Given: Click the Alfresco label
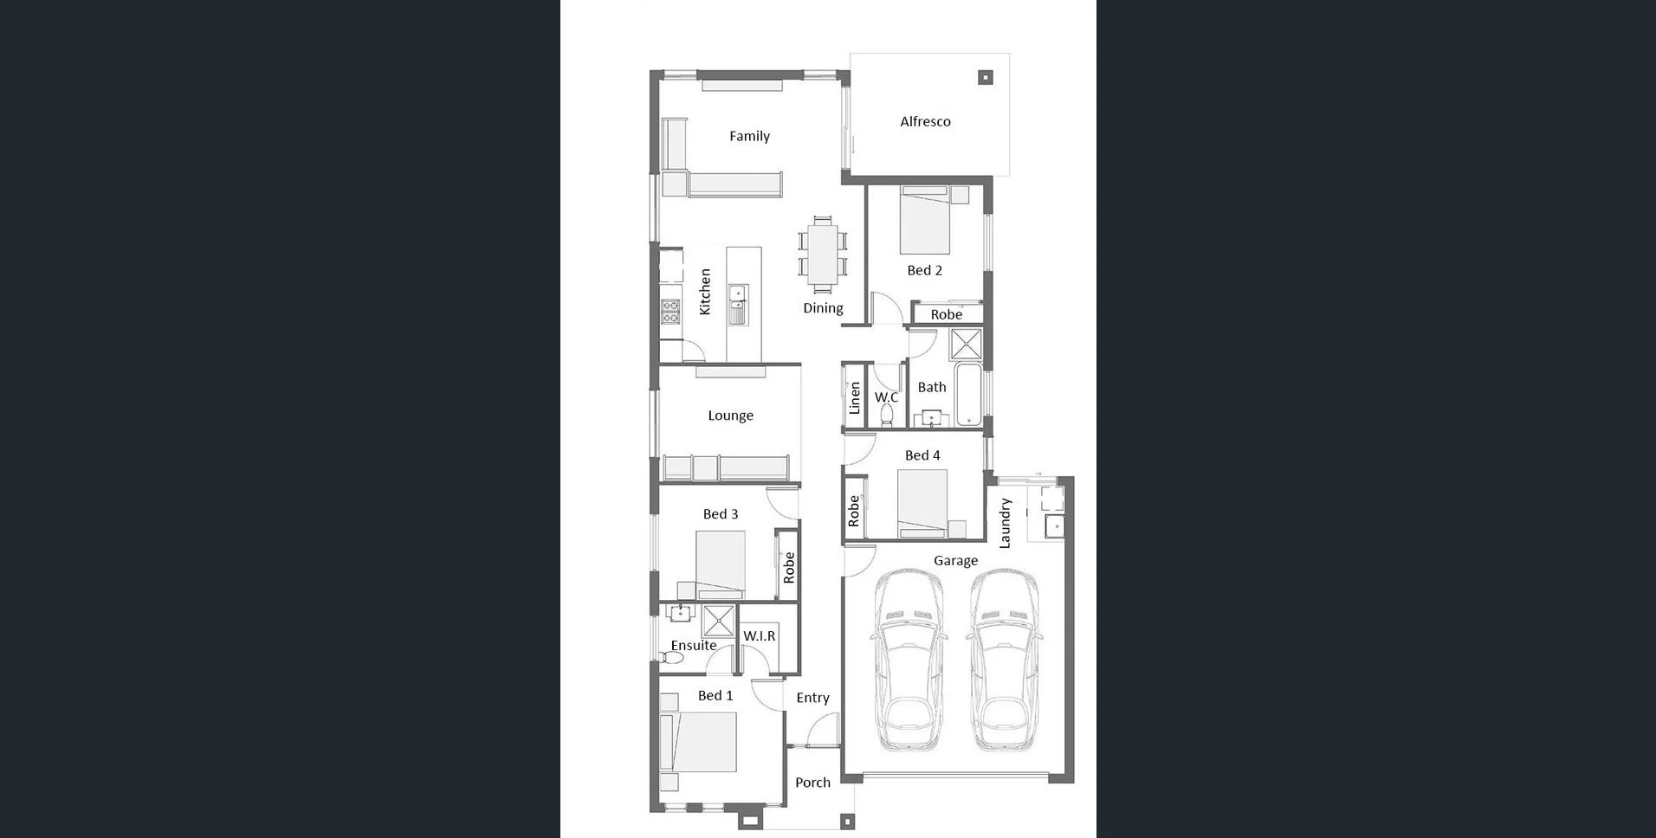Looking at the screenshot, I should pos(925,122).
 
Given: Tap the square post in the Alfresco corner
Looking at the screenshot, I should pos(985,78).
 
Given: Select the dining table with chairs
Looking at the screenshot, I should pos(823,254).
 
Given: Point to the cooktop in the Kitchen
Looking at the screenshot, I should pos(670,312).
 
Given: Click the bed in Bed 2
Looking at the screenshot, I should pos(925,221).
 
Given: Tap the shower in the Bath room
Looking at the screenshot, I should pos(966,344).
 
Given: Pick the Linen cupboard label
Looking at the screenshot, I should pos(855,398).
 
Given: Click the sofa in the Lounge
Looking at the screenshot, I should pos(726,468).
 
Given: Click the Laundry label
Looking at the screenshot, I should pos(1005,523).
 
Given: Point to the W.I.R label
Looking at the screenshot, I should pos(760,636).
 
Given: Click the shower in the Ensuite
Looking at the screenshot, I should pos(718,622).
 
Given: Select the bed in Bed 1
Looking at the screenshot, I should pos(699,742).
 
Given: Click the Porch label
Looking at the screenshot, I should pos(812,783).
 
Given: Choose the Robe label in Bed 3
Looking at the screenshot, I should pos(789,568).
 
